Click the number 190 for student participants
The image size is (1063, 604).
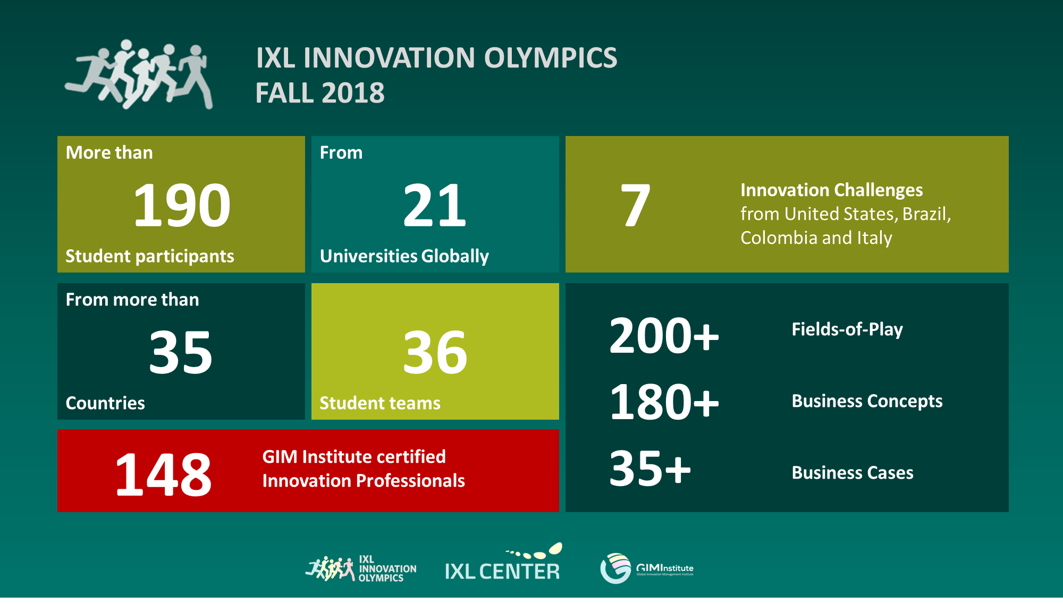[x=182, y=205]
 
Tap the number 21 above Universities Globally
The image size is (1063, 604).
[x=435, y=205]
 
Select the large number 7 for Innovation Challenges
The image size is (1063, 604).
[x=635, y=205]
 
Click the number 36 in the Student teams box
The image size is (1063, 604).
[x=435, y=352]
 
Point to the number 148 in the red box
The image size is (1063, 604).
[x=164, y=474]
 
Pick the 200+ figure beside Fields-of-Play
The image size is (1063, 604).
[x=664, y=335]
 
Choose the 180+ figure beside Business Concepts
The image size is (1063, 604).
[x=664, y=402]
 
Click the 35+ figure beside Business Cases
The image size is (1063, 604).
[x=649, y=468]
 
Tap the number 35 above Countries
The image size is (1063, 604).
[x=181, y=352]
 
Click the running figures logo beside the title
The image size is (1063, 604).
[x=139, y=74]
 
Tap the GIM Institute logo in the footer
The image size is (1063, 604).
[x=647, y=568]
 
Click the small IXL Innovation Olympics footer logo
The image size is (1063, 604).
[x=361, y=569]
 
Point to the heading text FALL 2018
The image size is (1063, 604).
[x=320, y=93]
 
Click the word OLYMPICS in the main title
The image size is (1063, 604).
[x=551, y=58]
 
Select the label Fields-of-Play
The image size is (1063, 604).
[x=847, y=329]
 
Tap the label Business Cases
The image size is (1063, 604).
[x=853, y=472]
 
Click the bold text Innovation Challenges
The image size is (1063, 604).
[x=832, y=190]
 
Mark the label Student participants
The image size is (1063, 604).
[x=150, y=256]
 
